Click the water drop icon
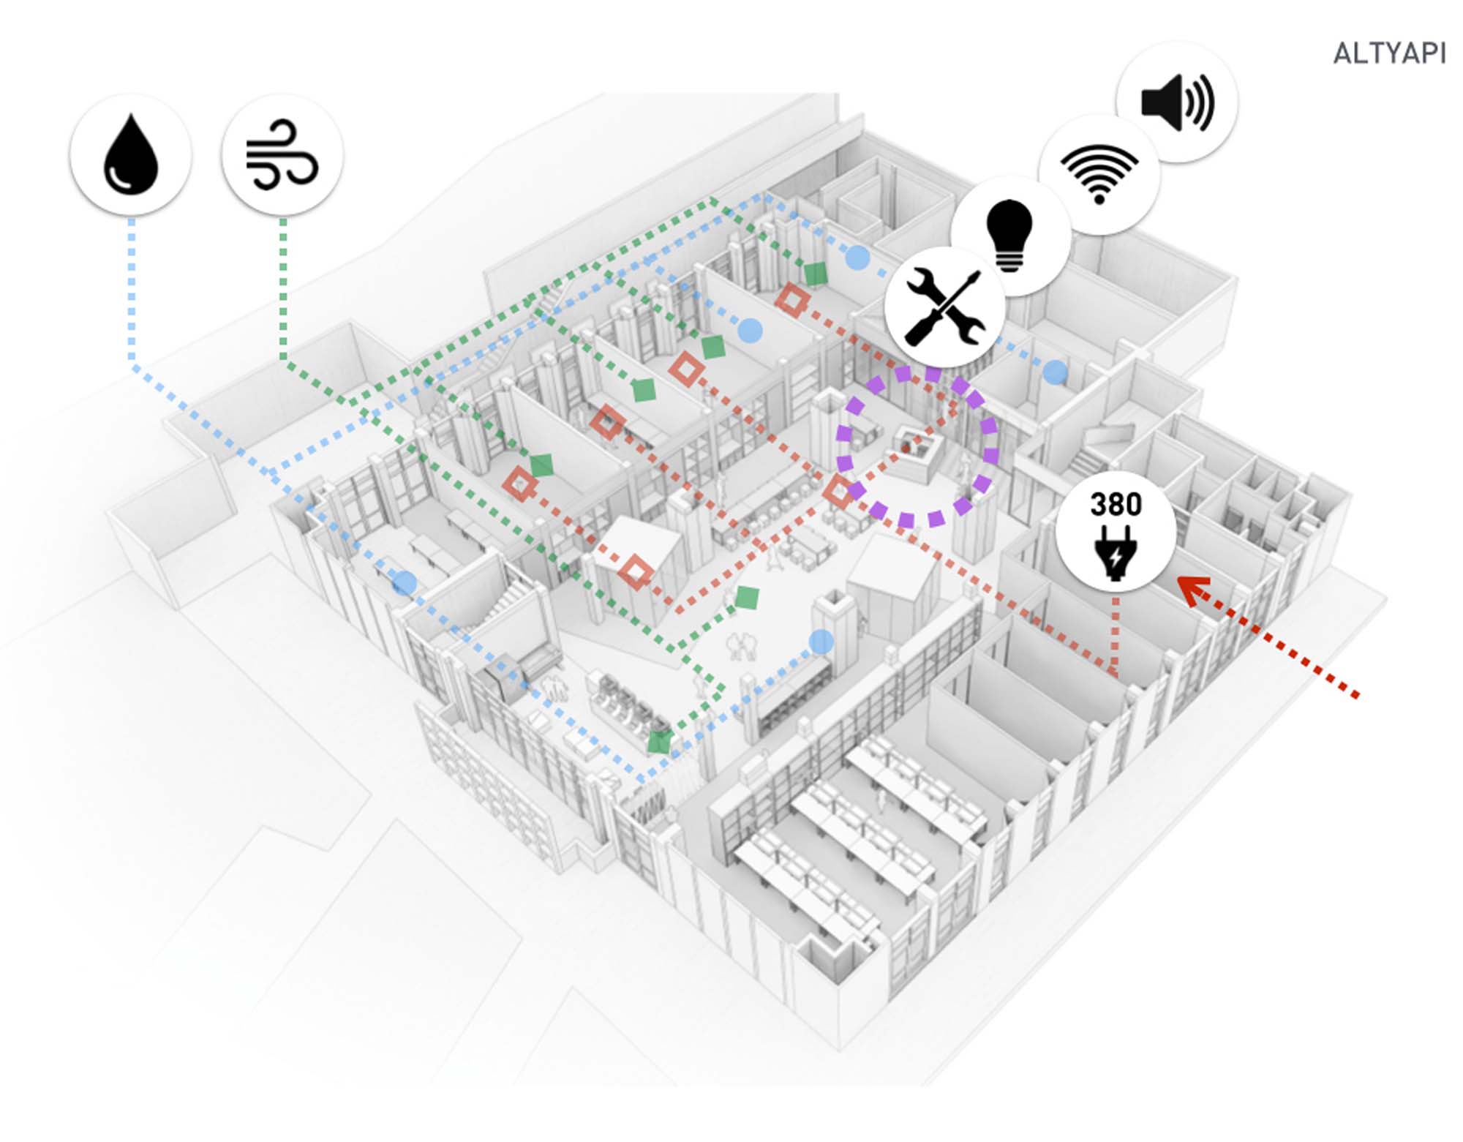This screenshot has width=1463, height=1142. [x=130, y=154]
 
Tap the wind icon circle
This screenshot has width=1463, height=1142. [x=282, y=154]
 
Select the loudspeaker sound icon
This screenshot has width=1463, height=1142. [x=1177, y=102]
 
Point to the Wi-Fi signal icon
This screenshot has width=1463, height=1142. [x=1099, y=174]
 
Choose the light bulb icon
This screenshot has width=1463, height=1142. [x=1009, y=234]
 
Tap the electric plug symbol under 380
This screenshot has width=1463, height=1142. [x=1115, y=553]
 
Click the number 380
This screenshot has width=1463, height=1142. [x=1116, y=505]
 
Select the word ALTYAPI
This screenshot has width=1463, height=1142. [x=1388, y=53]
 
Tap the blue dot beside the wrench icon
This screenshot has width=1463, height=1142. [x=1054, y=372]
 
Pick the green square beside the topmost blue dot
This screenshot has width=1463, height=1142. [x=815, y=274]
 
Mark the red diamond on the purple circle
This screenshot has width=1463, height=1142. [x=838, y=492]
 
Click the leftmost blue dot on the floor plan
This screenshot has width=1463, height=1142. [x=404, y=583]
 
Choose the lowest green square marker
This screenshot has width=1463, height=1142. [x=659, y=742]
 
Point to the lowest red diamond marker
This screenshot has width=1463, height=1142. [x=635, y=571]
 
